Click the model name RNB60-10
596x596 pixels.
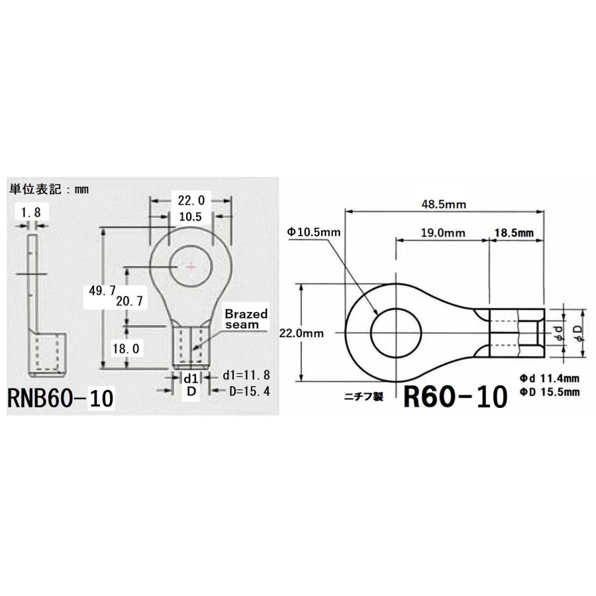coord(61,399)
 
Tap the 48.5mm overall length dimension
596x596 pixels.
coord(444,205)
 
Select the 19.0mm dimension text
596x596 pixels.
coord(443,233)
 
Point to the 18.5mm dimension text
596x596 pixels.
coord(515,233)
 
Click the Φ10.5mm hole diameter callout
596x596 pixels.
coord(314,232)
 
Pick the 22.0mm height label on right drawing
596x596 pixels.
coord(302,334)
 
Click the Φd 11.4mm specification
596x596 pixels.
coord(550,378)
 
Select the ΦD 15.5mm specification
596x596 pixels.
coord(550,392)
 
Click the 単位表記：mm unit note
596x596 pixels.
coord(48,189)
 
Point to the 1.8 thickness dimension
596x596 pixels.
coord(30,214)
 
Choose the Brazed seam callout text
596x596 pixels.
coord(246,319)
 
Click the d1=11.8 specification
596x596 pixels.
coord(246,375)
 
